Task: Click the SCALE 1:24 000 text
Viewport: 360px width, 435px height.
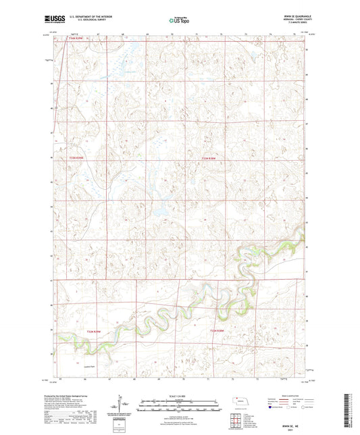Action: click(x=180, y=396)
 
